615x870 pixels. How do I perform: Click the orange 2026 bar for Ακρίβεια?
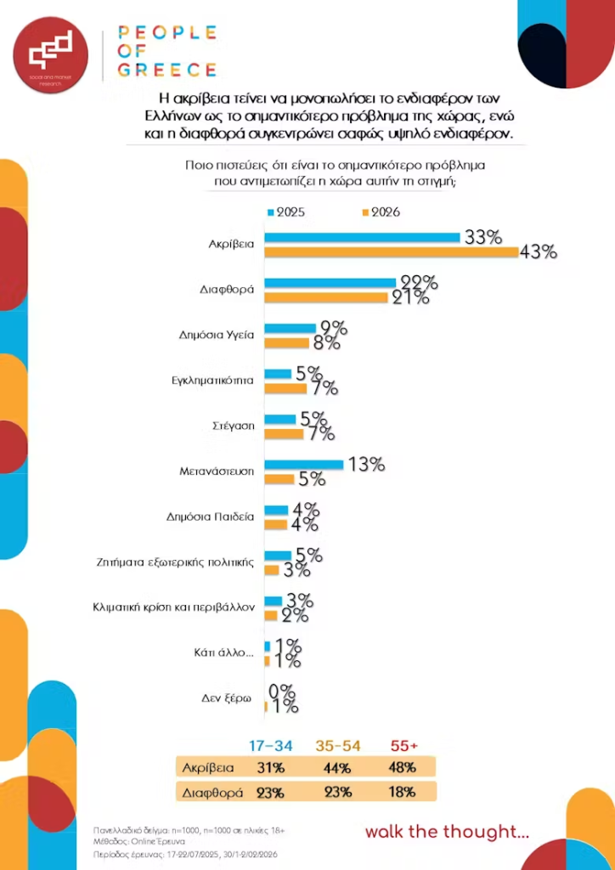(391, 251)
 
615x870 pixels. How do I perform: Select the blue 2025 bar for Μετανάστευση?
(303, 465)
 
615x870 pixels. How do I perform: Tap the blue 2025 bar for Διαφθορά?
(330, 282)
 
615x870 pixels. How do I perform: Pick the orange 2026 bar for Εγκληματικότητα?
(285, 388)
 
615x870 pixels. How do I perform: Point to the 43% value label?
(539, 251)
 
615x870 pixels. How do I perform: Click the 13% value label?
(366, 465)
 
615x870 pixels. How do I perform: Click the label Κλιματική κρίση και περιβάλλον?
(172, 607)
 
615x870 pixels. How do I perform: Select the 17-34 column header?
(271, 746)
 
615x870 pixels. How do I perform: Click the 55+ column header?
(403, 746)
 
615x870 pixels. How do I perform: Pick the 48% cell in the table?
(403, 768)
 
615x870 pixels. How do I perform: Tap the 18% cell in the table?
(403, 792)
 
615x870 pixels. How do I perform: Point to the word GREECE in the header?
(166, 70)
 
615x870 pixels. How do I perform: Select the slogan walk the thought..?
(446, 832)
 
